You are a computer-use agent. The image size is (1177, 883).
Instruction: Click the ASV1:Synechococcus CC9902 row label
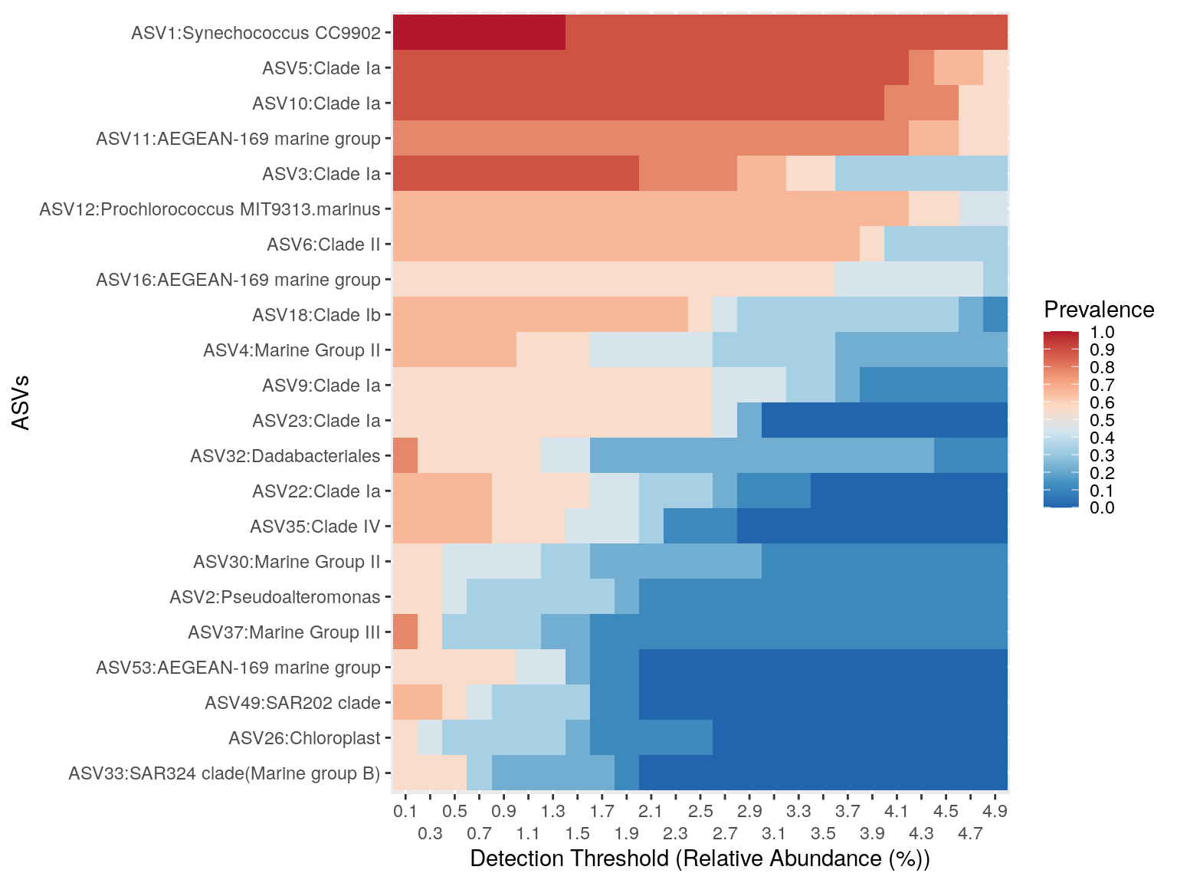pyautogui.click(x=256, y=33)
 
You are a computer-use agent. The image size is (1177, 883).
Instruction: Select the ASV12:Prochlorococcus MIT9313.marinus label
pyautogui.click(x=210, y=209)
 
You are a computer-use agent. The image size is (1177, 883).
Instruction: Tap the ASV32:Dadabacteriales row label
pyautogui.click(x=285, y=456)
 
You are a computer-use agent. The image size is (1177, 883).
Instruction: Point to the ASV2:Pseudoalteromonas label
pyautogui.click(x=275, y=597)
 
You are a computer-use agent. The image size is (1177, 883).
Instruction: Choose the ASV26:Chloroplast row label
pyautogui.click(x=304, y=738)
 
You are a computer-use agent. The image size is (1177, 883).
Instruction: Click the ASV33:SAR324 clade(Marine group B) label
pyautogui.click(x=225, y=773)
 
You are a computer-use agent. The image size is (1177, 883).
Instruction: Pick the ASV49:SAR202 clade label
pyautogui.click(x=293, y=703)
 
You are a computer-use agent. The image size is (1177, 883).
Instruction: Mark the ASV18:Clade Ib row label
pyautogui.click(x=316, y=315)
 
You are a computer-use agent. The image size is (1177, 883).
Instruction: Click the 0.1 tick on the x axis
pyautogui.click(x=405, y=811)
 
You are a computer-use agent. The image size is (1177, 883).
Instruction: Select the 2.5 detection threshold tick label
pyautogui.click(x=700, y=811)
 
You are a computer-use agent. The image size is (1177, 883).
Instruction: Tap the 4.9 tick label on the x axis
pyautogui.click(x=995, y=811)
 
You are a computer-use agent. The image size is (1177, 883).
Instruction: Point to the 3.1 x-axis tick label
pyautogui.click(x=774, y=833)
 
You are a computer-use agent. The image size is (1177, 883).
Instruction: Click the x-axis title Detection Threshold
pyautogui.click(x=700, y=858)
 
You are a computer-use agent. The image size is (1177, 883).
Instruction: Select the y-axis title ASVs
pyautogui.click(x=21, y=402)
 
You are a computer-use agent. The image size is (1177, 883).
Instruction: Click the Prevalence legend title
pyautogui.click(x=1099, y=310)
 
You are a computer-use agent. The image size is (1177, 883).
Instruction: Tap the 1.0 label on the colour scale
pyautogui.click(x=1102, y=332)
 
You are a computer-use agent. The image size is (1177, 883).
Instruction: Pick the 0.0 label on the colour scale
pyautogui.click(x=1102, y=507)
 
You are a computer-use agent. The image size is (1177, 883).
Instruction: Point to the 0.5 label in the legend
pyautogui.click(x=1102, y=420)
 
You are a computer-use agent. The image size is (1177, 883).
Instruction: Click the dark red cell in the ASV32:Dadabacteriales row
pyautogui.click(x=405, y=456)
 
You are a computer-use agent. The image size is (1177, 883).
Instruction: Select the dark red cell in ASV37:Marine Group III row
pyautogui.click(x=405, y=632)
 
